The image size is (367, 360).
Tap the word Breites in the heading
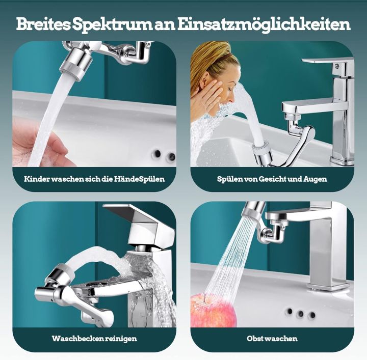[x=45, y=24]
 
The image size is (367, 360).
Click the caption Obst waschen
[x=272, y=338]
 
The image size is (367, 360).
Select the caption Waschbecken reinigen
[x=94, y=338]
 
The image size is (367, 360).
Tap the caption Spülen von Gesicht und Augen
[x=272, y=179]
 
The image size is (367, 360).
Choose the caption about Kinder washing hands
[x=94, y=179]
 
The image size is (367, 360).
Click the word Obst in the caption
[x=256, y=338]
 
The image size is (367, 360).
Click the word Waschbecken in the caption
[x=77, y=338]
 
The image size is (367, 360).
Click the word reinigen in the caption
[x=121, y=338]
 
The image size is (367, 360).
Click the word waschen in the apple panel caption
[x=282, y=338]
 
